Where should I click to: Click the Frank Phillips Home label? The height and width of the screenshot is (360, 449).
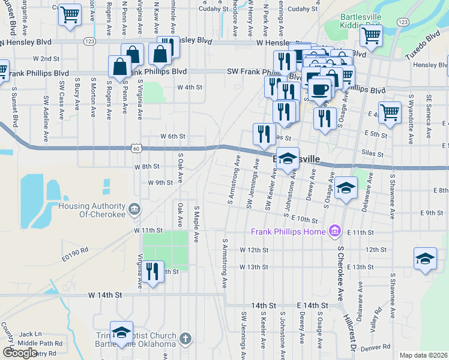[288, 232]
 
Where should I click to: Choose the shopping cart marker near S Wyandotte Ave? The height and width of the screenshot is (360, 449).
[390, 112]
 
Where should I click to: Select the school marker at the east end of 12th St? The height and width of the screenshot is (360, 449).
[425, 259]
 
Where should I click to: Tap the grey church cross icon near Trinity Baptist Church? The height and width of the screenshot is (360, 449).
[185, 339]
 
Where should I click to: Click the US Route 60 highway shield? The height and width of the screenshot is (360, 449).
[136, 148]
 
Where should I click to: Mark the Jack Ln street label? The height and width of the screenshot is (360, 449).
[30, 334]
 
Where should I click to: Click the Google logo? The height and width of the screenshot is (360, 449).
[20, 352]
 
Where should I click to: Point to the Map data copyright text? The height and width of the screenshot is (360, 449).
[423, 355]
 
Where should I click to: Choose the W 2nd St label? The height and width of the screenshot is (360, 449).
[46, 59]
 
